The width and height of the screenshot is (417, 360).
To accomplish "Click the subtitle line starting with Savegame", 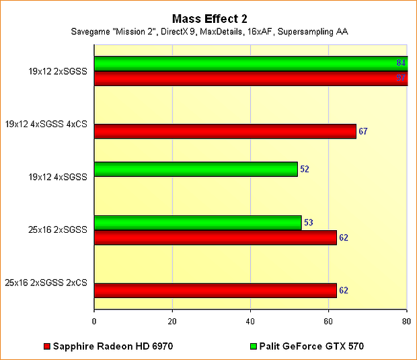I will click(208, 32).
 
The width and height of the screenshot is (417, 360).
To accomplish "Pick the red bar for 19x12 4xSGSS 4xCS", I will click(225, 131).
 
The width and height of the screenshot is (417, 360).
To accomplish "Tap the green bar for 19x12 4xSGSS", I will click(196, 169).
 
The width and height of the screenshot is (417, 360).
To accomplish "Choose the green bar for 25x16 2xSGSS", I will click(198, 223).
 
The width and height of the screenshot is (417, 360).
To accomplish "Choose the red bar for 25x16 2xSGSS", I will click(215, 238).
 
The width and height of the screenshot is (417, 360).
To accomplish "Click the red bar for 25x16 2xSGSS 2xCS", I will click(215, 291).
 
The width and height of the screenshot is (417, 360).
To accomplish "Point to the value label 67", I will click(363, 131).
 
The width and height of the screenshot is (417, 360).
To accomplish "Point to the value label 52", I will click(305, 169).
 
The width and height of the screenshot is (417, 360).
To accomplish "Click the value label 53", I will click(309, 223).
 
